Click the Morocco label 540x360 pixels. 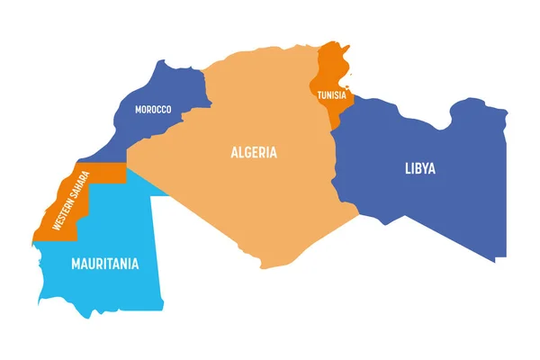pos(153,110)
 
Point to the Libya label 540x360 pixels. pos(419,167)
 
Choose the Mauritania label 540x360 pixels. pos(105,265)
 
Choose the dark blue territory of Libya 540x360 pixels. pos(432,207)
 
